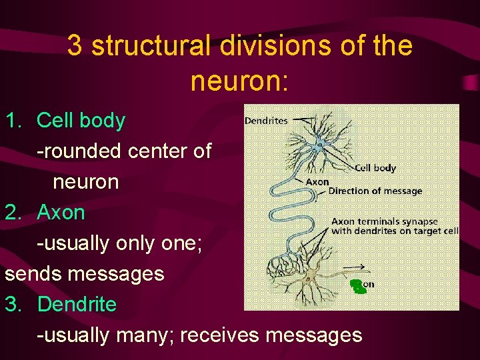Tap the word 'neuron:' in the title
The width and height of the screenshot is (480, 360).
(239, 81)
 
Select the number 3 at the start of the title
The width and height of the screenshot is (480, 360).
(75, 47)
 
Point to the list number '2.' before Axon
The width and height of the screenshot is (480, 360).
(15, 213)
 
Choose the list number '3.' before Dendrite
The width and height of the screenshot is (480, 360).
(15, 305)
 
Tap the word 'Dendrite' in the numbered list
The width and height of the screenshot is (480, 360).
(77, 305)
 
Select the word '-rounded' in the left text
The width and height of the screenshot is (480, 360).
(78, 151)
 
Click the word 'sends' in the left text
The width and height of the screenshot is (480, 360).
(31, 274)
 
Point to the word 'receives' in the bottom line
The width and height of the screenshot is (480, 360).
(219, 335)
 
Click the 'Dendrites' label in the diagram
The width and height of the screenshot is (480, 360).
(266, 121)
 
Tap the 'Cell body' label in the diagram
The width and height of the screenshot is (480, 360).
(375, 169)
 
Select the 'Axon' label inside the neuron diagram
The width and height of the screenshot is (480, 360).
(317, 181)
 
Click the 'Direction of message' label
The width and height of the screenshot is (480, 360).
(375, 191)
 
